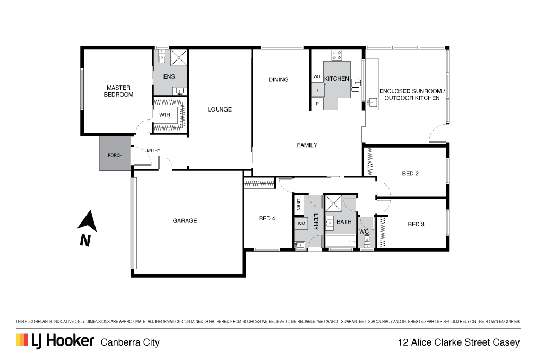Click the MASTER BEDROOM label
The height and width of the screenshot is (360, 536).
click(x=118, y=91)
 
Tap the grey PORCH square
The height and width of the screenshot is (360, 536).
click(x=115, y=154)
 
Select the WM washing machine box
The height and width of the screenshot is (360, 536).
click(x=301, y=224)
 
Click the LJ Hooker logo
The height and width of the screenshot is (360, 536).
click(x=55, y=341)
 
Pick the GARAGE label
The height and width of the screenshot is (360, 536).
click(x=185, y=221)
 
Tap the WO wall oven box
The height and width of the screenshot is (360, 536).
click(x=317, y=76)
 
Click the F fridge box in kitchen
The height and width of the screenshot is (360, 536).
click(x=317, y=90)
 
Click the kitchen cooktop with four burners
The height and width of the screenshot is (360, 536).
click(x=336, y=55)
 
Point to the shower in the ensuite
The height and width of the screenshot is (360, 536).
click(x=179, y=58)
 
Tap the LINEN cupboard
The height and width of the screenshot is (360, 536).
click(x=298, y=204)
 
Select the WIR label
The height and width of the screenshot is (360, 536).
click(x=165, y=115)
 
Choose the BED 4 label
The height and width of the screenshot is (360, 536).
click(x=267, y=218)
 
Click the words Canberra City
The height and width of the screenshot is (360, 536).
click(x=130, y=342)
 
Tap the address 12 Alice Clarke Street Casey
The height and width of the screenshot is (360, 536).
click(x=459, y=342)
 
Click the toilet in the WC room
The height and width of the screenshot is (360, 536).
click(x=367, y=242)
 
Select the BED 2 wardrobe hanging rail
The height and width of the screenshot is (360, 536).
click(x=369, y=161)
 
